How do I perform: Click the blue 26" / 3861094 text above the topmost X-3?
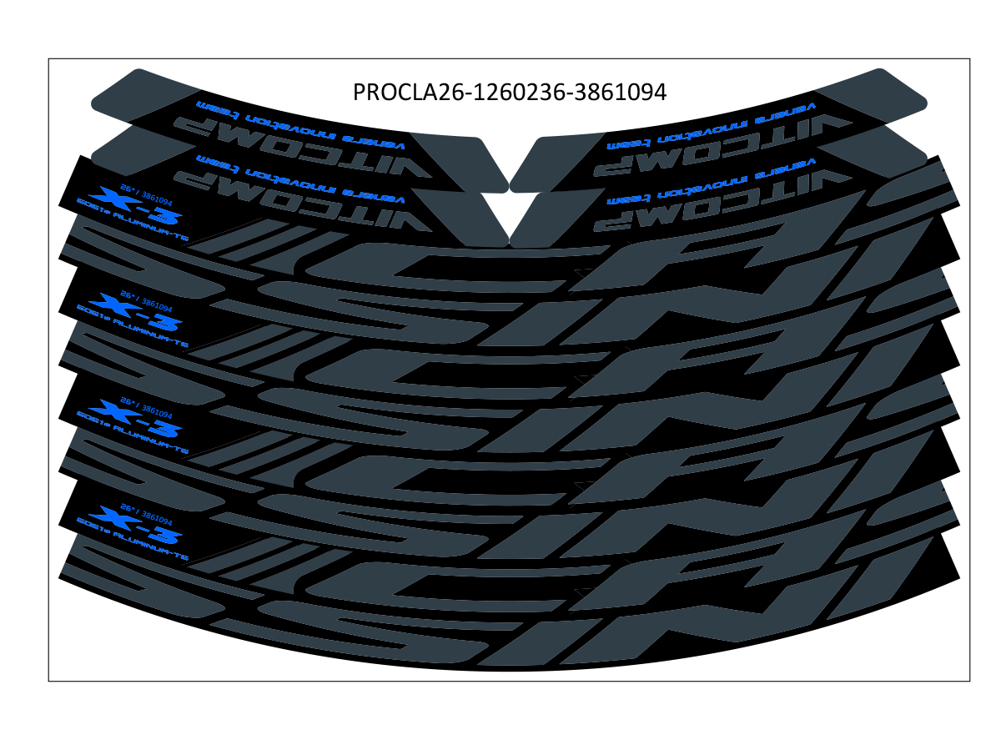[147, 194]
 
